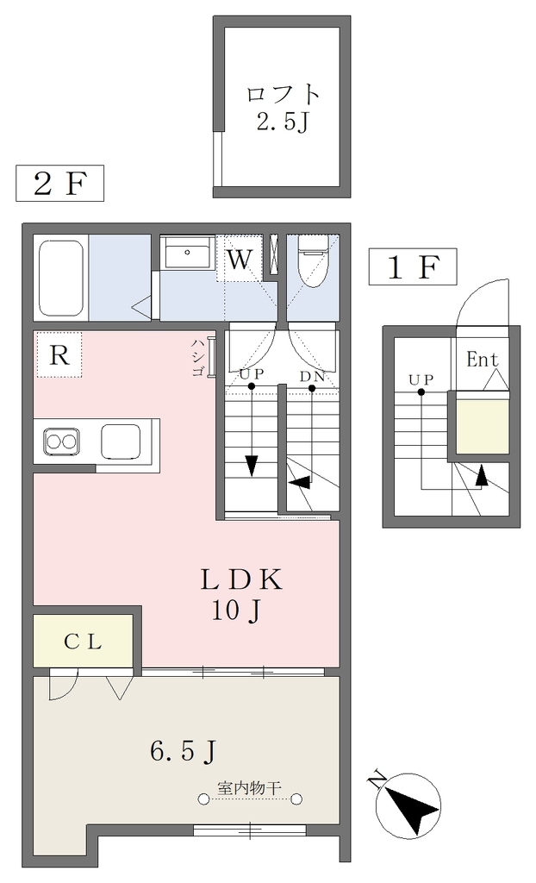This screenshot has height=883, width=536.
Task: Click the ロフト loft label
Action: tap(283, 93)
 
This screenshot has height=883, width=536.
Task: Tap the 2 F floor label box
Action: tap(60, 183)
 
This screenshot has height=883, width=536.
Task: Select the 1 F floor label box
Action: tap(412, 266)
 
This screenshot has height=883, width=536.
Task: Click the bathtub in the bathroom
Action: tap(62, 279)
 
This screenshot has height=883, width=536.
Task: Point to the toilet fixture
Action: tap(313, 261)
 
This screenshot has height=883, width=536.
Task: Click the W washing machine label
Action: tap(239, 260)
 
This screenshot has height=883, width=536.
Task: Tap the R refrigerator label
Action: tap(59, 354)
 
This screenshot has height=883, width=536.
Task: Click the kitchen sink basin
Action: tap(121, 441)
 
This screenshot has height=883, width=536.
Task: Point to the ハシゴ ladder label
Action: tap(197, 357)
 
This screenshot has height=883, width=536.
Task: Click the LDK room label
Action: tap(242, 580)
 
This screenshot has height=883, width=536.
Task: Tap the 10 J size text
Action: tap(235, 610)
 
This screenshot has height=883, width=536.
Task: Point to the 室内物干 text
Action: tap(249, 786)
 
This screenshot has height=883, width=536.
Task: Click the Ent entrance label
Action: tap(483, 360)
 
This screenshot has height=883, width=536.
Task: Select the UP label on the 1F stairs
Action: tap(421, 379)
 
